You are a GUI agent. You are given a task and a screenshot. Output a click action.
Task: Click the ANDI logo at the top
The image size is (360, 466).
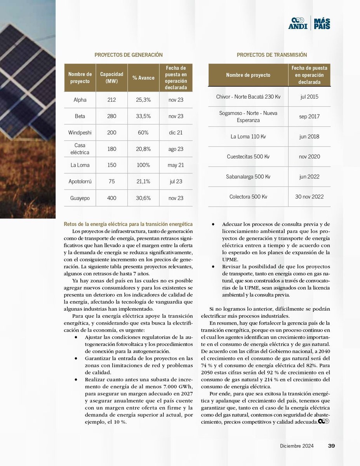[x=298, y=23]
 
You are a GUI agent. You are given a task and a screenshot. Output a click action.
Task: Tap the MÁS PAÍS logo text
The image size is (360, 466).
[x=322, y=23]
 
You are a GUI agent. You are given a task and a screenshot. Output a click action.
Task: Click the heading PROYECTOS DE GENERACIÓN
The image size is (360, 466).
[x=129, y=55]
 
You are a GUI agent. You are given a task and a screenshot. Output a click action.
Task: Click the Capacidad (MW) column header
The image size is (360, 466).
[x=111, y=78]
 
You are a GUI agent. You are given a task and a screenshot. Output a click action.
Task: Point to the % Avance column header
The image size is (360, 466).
[x=143, y=78]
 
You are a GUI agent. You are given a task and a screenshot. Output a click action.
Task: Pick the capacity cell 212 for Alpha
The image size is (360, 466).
[x=111, y=100]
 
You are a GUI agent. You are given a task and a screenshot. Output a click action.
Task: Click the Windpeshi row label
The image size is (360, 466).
[x=80, y=132]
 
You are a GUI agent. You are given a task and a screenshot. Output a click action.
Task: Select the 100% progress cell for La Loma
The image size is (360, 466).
[x=143, y=165]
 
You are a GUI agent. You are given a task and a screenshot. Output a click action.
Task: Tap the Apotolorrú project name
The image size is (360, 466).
[x=80, y=181]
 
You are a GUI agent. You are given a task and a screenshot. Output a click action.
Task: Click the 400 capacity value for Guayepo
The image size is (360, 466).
[x=111, y=198]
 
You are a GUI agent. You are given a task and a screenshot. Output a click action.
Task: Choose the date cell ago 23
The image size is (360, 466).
[x=176, y=149]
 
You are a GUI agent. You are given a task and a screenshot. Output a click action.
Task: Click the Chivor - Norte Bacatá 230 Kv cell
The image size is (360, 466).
[x=248, y=96]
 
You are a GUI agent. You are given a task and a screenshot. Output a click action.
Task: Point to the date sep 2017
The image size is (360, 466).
[x=309, y=116]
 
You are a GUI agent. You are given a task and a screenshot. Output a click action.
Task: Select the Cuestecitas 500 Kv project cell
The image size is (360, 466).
[x=248, y=156]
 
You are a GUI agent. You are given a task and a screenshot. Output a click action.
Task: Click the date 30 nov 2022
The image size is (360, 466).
[x=309, y=196]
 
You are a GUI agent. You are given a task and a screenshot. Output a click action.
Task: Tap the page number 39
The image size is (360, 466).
[x=331, y=446]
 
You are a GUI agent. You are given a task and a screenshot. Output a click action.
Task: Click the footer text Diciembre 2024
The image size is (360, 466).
[x=297, y=446]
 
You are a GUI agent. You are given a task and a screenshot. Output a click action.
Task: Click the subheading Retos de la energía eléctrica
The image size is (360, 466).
[x=128, y=224]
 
